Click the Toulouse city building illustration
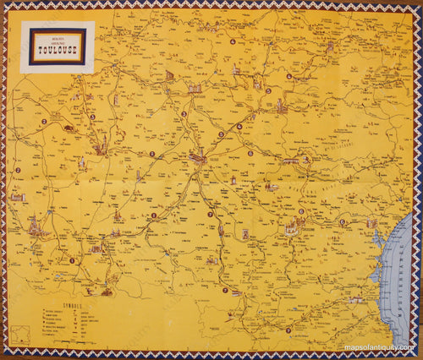(x=197, y=157)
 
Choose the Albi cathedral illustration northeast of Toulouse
(x=278, y=106)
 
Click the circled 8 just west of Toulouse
(x=152, y=154)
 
